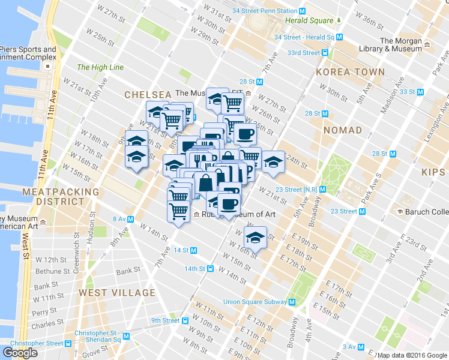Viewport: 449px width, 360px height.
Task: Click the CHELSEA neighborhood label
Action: coord(148,94)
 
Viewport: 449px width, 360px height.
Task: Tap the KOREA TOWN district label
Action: coord(351,72)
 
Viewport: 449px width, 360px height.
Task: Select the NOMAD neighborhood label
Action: coord(342,130)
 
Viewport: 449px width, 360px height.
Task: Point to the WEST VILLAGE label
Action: coord(116,293)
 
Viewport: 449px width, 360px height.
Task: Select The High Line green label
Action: coord(100,67)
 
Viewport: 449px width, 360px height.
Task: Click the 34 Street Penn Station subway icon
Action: coord(303,11)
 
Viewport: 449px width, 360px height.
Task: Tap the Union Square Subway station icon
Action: coord(292,302)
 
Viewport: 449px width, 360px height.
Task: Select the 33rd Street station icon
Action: coord(325,53)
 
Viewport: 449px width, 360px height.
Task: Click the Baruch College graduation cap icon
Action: coord(399,212)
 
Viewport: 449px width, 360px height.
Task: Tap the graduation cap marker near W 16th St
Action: coord(255,237)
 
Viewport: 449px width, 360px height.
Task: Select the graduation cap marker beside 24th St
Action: coord(273,161)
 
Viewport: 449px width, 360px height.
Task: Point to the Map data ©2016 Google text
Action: coord(412,355)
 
